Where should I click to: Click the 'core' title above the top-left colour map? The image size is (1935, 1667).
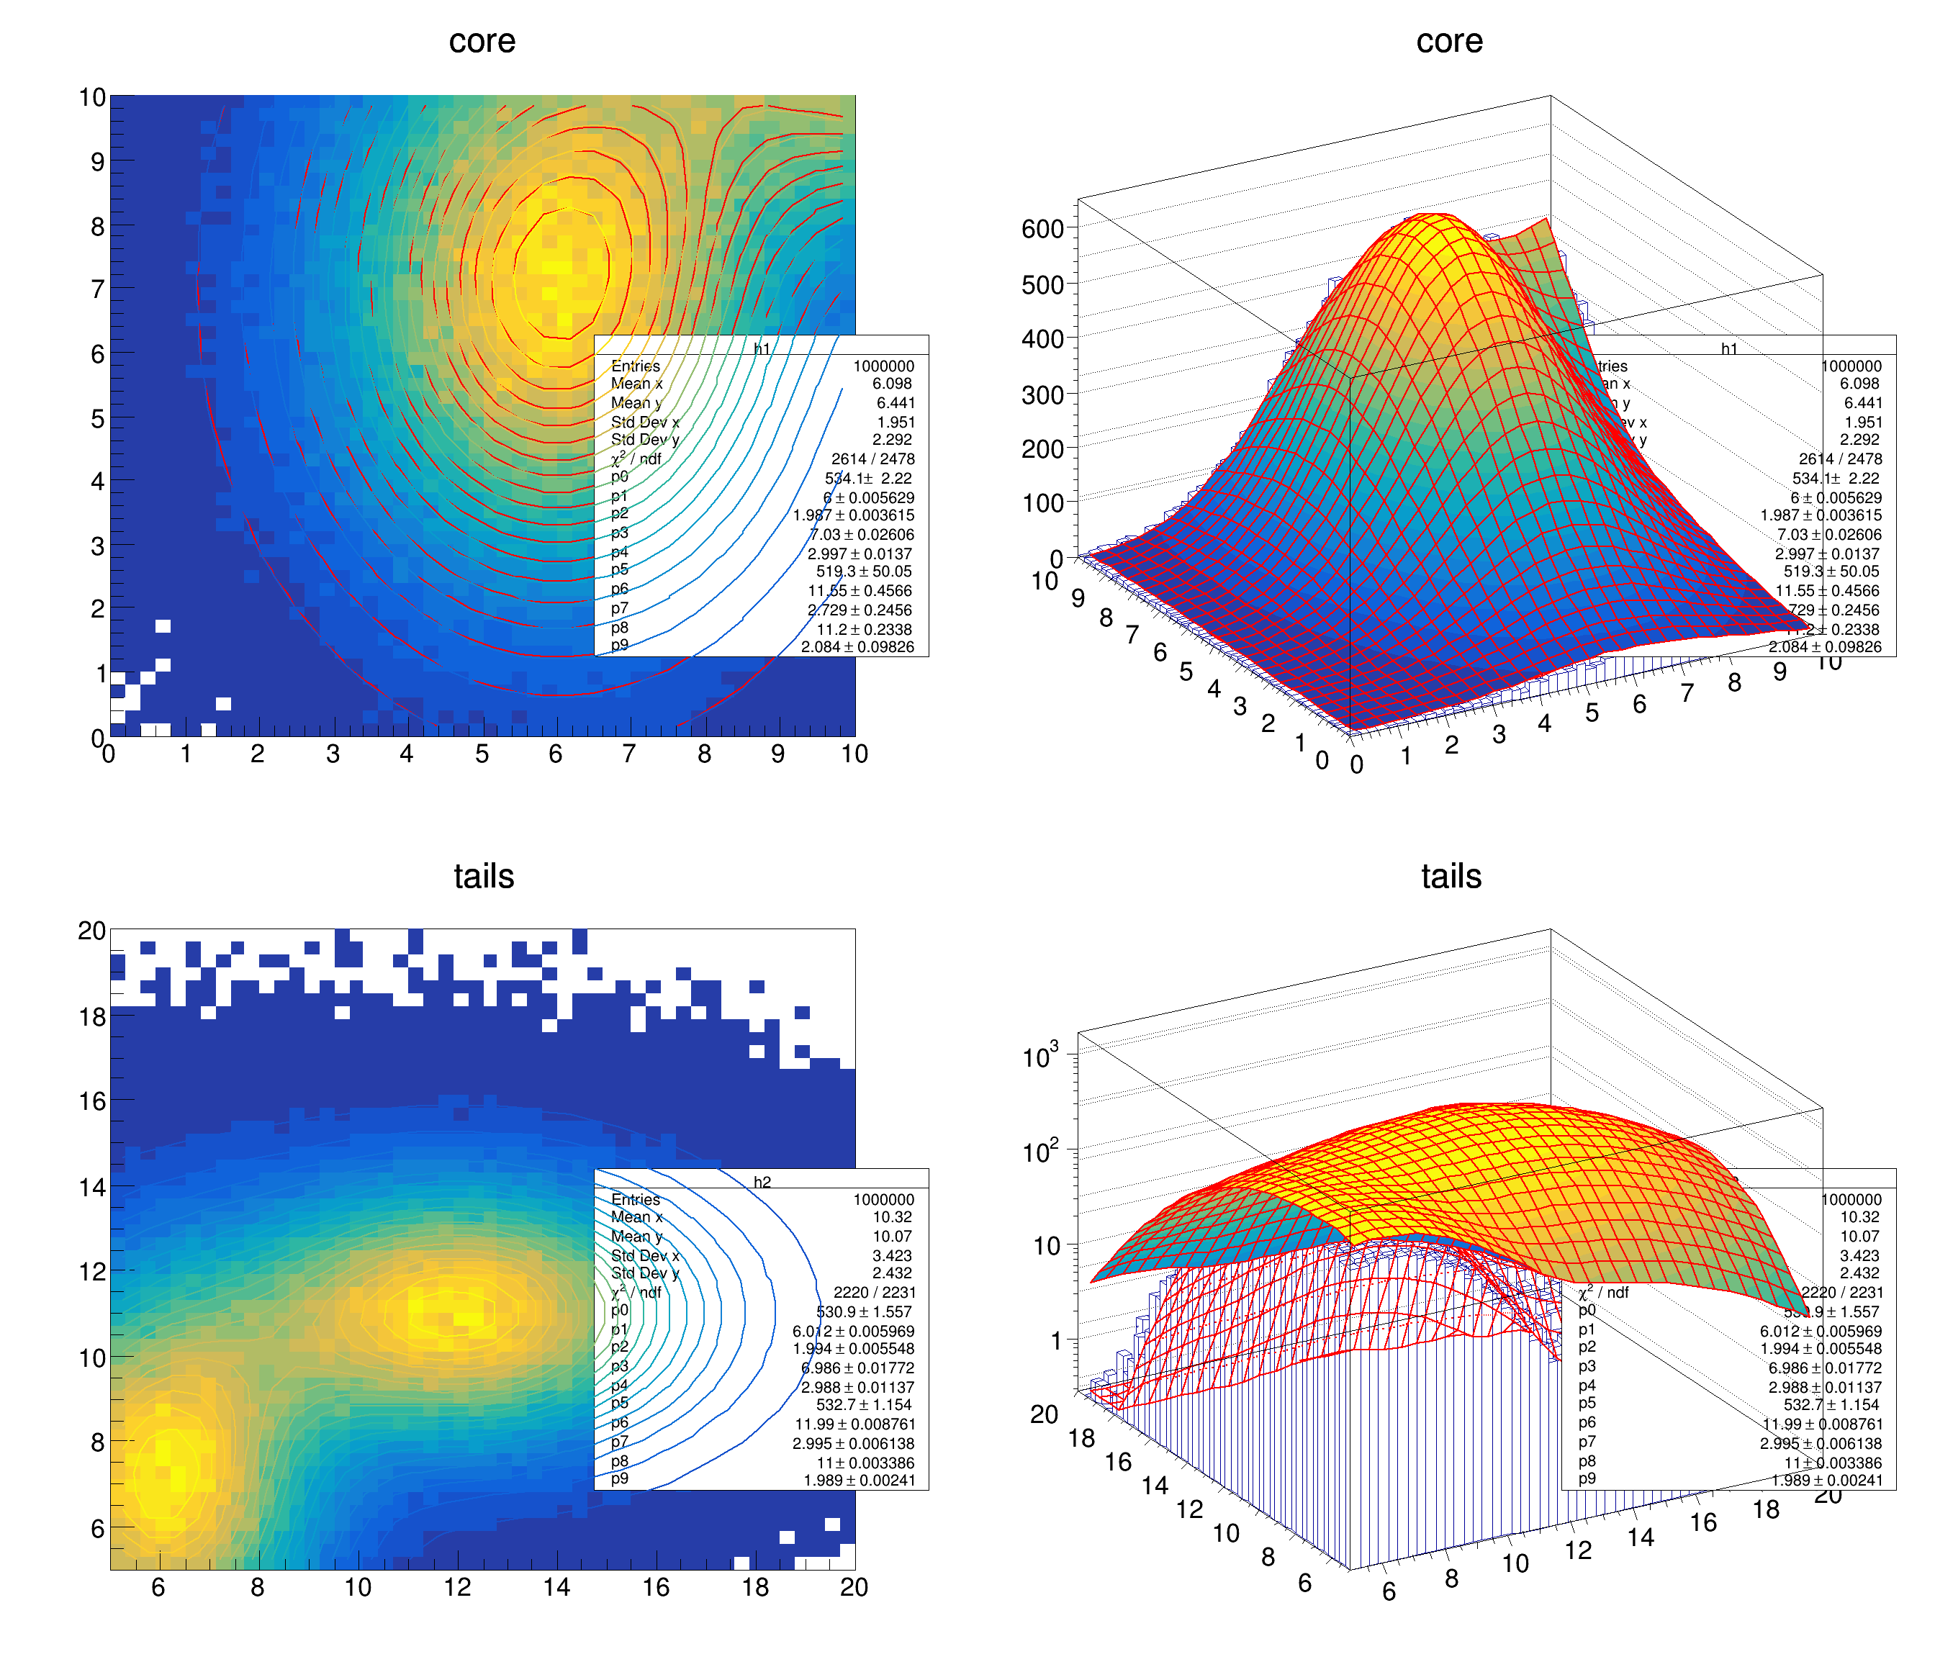point(482,41)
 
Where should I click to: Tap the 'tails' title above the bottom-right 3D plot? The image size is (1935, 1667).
point(1451,876)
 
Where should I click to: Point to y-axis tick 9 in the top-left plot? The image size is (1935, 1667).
point(96,161)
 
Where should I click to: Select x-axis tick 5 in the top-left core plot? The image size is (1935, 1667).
point(482,754)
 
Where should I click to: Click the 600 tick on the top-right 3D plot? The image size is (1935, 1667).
point(1042,230)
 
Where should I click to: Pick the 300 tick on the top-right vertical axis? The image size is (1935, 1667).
point(1042,395)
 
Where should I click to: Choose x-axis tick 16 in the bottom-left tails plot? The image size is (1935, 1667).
point(656,1588)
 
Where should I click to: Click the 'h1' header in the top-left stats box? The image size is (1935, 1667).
point(762,349)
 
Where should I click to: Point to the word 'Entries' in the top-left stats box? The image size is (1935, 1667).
point(635,366)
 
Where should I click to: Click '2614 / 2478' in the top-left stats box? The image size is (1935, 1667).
point(872,458)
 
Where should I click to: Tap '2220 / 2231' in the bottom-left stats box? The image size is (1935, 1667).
point(873,1293)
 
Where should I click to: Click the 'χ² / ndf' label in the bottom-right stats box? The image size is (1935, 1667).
point(1602,1293)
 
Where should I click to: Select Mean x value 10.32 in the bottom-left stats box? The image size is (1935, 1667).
point(892,1217)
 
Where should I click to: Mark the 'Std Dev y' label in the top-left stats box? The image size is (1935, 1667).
point(644,439)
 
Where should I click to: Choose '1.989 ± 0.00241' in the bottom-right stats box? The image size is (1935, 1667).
point(1827,1481)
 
